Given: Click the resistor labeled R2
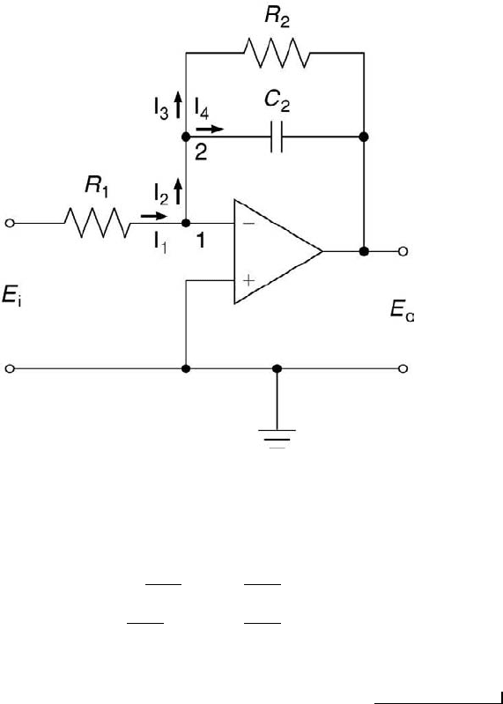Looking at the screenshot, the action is [277, 53].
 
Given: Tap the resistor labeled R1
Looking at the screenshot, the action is [98, 222].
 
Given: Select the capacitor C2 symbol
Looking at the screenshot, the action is [277, 137].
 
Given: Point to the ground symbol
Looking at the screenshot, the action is [277, 439].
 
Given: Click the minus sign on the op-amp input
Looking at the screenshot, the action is [248, 223].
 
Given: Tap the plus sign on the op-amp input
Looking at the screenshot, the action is [248, 280].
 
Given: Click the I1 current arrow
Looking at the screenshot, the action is [153, 216].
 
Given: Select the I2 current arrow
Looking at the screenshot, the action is [178, 191].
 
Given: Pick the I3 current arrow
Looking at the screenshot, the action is [178, 104].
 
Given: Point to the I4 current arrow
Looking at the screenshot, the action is [210, 130].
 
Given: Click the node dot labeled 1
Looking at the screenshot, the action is [186, 223].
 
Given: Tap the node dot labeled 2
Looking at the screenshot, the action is [186, 137].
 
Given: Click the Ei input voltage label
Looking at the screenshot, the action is [11, 296].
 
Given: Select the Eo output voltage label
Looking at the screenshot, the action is [402, 310].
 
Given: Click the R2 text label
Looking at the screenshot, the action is [277, 17].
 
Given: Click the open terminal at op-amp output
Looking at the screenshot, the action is [403, 251].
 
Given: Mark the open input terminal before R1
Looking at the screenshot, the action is [10, 223].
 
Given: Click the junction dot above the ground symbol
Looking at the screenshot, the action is [277, 368].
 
